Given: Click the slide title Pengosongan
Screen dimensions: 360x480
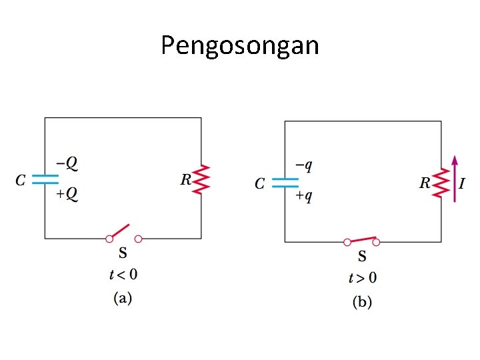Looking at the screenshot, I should (240, 46).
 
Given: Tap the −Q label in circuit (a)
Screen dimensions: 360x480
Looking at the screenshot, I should (66, 162).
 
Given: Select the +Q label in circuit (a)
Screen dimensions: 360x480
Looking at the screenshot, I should (66, 194).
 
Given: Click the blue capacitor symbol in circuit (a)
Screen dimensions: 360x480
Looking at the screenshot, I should (45, 179).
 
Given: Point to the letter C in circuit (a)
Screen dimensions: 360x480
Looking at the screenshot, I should (21, 179).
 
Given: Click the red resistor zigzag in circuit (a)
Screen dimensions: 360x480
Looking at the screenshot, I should (202, 179).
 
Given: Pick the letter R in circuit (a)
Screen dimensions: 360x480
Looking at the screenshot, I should (186, 179).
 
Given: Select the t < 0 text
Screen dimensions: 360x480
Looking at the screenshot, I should (123, 274).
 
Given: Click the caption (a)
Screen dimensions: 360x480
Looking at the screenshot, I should (123, 297).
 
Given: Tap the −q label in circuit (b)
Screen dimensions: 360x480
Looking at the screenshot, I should (303, 165).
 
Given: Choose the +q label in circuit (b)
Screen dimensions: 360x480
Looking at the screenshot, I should (303, 196).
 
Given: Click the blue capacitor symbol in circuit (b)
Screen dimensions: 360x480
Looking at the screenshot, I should (285, 182).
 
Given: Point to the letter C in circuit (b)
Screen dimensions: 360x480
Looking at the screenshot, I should (261, 183).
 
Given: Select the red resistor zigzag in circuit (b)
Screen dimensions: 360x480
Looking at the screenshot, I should (441, 183).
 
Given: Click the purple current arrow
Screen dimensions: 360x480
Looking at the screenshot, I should (455, 179).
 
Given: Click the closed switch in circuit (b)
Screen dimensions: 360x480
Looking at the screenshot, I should (361, 240).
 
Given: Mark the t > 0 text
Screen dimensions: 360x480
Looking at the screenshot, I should (363, 278).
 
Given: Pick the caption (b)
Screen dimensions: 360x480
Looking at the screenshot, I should (362, 302).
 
